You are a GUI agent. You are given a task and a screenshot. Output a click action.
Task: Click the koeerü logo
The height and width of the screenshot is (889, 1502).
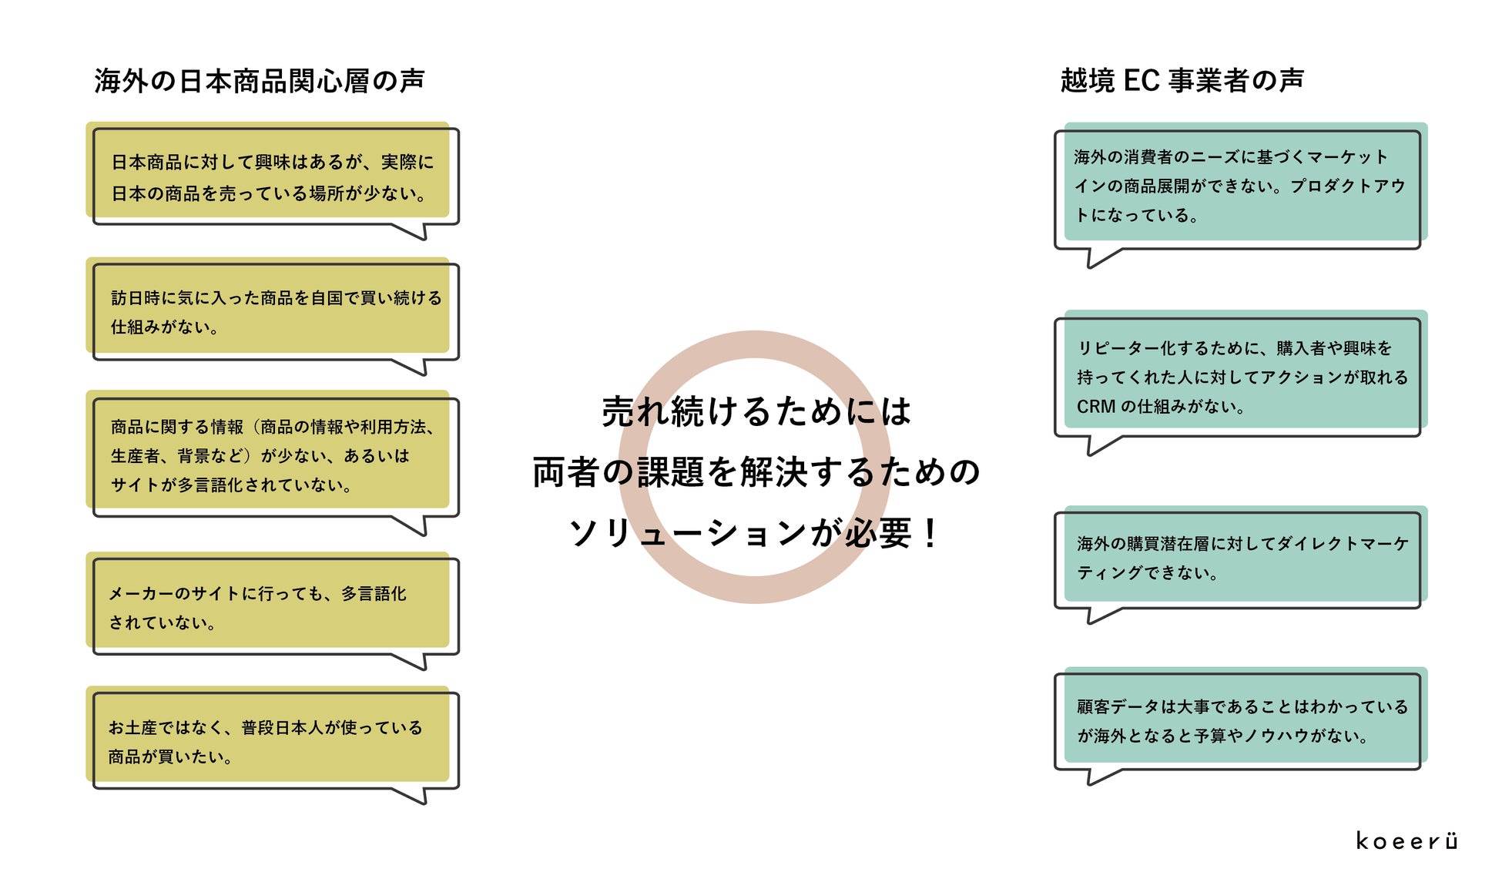click(1406, 840)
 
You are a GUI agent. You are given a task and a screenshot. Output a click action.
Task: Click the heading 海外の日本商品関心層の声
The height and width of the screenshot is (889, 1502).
click(260, 81)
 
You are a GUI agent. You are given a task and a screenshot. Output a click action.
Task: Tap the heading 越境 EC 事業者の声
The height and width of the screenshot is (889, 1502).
click(1182, 80)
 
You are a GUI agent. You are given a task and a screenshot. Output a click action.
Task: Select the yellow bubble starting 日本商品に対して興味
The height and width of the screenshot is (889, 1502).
click(273, 176)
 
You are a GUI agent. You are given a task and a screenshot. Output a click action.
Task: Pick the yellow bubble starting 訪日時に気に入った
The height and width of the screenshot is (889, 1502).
click(273, 311)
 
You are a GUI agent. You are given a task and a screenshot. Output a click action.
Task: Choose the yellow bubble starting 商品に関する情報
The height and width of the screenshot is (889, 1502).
click(273, 455)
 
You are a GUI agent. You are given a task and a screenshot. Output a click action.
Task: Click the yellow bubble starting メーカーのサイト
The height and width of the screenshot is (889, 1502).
click(273, 607)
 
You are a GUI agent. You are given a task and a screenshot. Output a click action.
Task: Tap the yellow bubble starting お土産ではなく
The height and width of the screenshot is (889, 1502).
click(273, 741)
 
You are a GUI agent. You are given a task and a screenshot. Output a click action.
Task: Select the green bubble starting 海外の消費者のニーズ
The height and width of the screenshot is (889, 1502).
click(1240, 186)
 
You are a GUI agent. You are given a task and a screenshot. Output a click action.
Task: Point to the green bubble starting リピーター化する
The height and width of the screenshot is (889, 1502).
click(1240, 377)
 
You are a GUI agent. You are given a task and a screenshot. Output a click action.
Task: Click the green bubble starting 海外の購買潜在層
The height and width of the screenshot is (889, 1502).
click(1240, 558)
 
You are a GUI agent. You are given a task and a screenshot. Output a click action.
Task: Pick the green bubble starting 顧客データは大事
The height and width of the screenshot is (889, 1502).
click(1240, 720)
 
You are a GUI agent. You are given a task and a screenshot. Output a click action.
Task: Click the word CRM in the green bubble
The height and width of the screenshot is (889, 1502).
click(1095, 407)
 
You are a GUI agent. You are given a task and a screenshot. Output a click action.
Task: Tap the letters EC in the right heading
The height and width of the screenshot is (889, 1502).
click(1141, 80)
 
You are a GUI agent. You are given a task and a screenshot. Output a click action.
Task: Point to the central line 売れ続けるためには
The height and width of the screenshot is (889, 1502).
click(756, 411)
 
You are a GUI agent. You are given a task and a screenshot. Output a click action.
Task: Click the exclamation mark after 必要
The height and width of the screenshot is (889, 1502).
click(930, 533)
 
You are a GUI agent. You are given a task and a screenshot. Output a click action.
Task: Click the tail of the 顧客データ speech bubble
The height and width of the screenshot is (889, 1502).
click(1098, 777)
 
